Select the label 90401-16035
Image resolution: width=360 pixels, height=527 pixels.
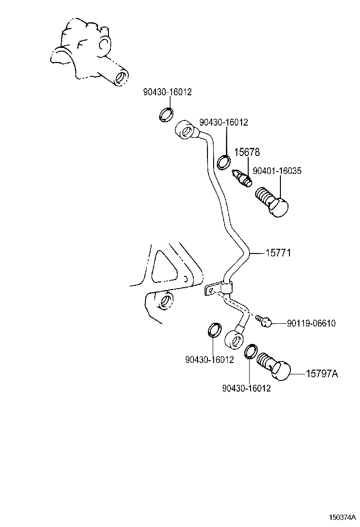click(x=277, y=171)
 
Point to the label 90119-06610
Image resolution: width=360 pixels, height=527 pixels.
click(x=311, y=323)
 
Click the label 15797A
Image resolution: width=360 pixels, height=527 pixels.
click(x=322, y=374)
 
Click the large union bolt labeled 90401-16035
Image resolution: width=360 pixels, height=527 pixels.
click(x=273, y=202)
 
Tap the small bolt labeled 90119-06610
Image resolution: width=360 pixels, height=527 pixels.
click(x=263, y=321)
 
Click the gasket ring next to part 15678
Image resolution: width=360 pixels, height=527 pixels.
click(x=225, y=162)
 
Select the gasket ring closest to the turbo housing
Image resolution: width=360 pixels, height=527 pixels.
click(x=165, y=114)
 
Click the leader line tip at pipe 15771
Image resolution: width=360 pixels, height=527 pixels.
click(x=249, y=254)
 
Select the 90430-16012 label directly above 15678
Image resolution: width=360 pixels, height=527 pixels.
click(x=223, y=122)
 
